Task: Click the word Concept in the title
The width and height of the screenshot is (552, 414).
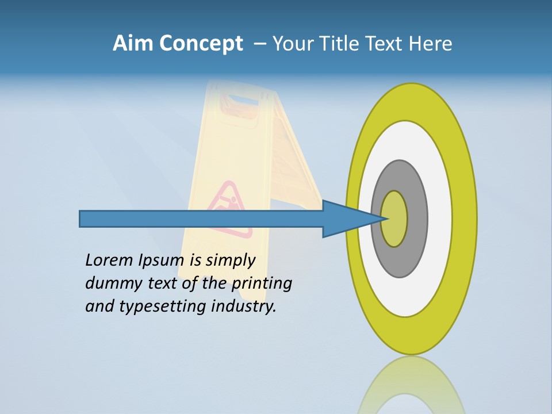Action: click(x=201, y=44)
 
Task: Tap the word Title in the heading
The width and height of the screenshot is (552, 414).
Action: click(x=340, y=44)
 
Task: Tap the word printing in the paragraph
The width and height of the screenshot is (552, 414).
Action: click(x=262, y=283)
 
